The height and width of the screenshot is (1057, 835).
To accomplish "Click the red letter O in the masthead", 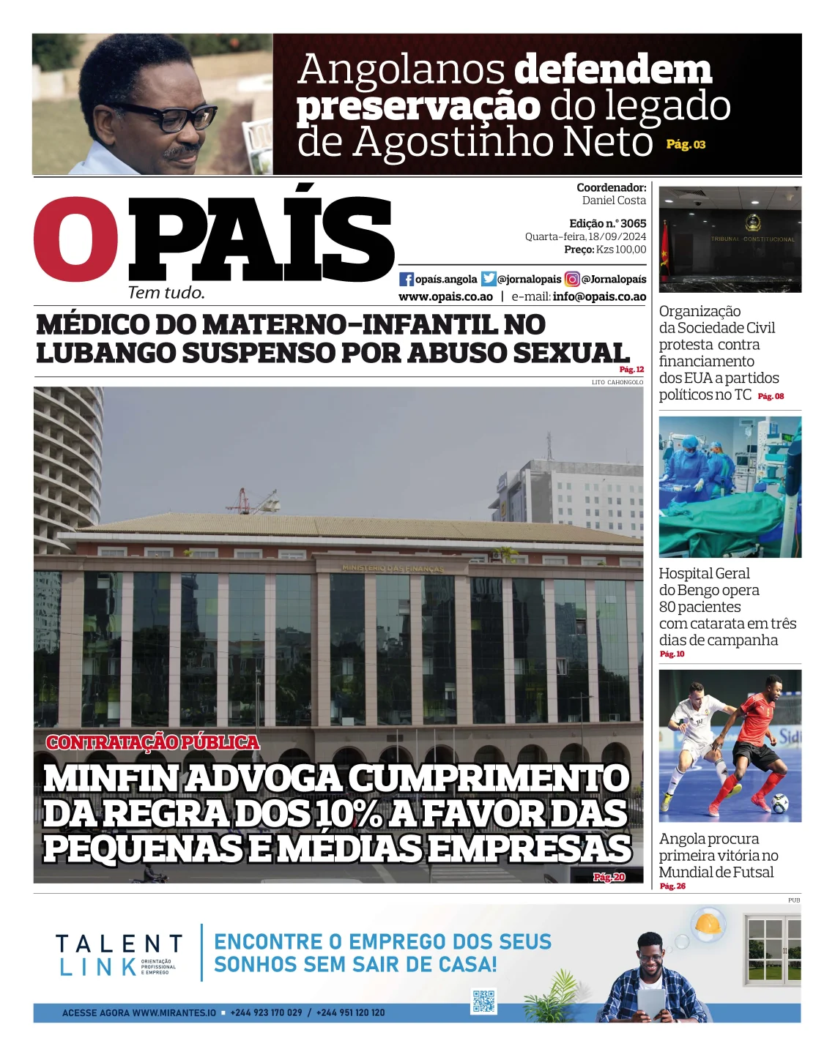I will coord(75,239).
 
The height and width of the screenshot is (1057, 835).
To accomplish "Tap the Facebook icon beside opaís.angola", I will coord(407,279).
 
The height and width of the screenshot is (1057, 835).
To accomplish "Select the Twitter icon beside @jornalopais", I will coord(489,279).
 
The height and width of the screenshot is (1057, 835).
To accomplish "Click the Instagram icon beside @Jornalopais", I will coord(572,279).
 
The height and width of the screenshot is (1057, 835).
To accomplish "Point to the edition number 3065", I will coord(634,223).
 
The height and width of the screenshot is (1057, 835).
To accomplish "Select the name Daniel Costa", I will coord(614,201).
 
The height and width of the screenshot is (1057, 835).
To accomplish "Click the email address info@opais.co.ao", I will coord(599,296).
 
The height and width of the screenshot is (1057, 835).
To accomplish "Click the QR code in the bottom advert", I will coord(483,1001).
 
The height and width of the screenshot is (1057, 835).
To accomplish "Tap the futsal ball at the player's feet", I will coord(779,804).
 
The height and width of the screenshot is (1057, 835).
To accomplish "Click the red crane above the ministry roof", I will coord(251,501).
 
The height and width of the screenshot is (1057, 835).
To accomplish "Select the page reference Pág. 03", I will coord(686,145).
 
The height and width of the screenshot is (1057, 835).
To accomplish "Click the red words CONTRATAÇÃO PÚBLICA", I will coord(152,742).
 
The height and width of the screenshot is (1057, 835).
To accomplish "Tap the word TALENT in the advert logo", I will coord(119,944).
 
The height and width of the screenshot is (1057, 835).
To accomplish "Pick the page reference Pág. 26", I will coord(672,886).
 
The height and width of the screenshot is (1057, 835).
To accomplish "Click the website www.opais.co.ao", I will coord(445,296).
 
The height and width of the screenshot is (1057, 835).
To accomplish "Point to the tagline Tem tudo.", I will coord(166,293).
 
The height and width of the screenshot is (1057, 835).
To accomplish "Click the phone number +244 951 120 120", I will coord(350,1012).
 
